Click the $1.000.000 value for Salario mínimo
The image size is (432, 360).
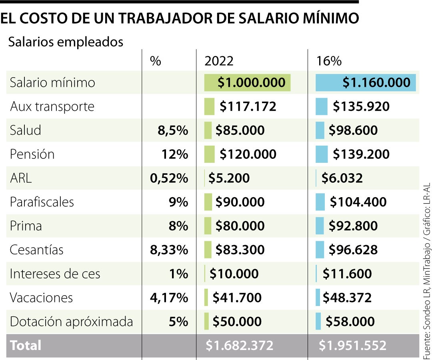click(251, 82)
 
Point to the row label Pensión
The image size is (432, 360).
click(32, 154)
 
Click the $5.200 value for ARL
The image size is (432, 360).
click(229, 178)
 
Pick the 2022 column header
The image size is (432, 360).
click(219, 61)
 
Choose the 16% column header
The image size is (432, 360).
click(329, 61)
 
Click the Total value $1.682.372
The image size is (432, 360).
click(239, 345)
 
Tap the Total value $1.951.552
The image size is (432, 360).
click(352, 345)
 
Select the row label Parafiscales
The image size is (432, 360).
click(42, 202)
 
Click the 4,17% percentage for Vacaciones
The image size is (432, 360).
click(169, 298)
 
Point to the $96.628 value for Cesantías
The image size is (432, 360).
click(353, 250)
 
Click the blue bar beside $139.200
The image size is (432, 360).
click(321, 154)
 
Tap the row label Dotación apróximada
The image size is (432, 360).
click(71, 322)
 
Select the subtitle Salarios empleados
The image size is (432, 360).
click(66, 42)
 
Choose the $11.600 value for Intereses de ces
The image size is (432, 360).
click(347, 274)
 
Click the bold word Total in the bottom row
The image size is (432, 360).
click(26, 345)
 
